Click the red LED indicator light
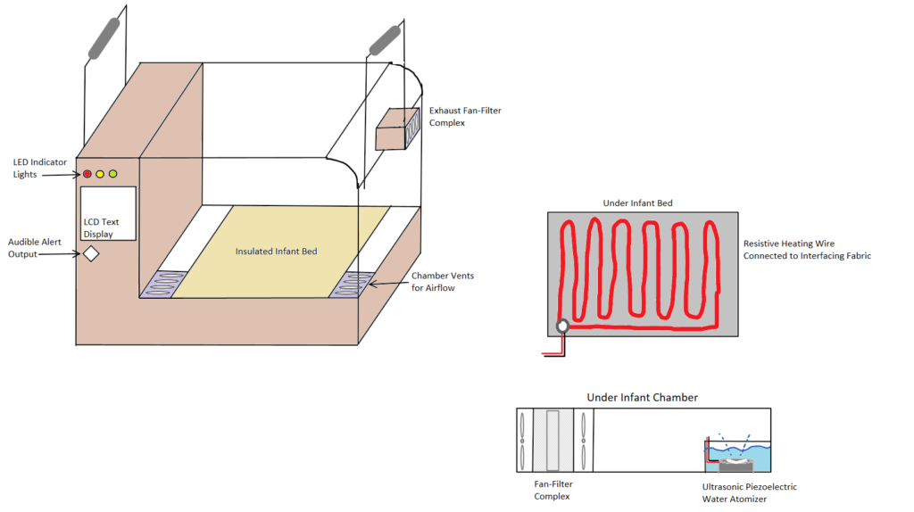87,174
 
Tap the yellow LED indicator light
100,174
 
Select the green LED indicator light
112,174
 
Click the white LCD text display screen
108,213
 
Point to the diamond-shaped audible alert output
90,254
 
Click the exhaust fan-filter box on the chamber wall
397,130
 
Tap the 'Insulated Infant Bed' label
276,252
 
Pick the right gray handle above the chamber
385,41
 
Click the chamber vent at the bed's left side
161,284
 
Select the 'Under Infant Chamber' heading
642,397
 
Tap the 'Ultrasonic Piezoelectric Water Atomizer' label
749,492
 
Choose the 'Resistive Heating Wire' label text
807,249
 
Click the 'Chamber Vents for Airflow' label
443,282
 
